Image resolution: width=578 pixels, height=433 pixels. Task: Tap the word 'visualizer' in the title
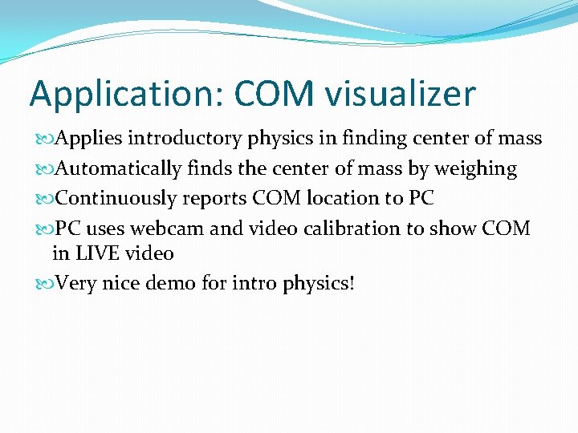401,95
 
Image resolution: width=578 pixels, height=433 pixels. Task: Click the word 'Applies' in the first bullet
88,139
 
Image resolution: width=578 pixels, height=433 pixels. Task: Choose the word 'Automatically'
118,169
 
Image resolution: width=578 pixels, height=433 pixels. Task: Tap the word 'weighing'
475,169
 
